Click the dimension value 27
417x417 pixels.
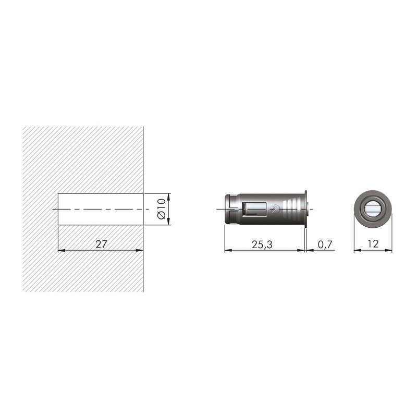[x=101, y=244]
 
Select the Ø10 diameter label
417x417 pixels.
[x=162, y=210]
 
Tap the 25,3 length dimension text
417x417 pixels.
[x=262, y=244]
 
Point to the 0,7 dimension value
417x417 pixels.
[x=325, y=244]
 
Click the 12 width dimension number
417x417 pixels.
[x=373, y=244]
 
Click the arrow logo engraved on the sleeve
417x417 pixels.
[x=275, y=209]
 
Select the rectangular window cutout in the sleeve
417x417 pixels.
[x=254, y=209]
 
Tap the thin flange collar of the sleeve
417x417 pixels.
[x=305, y=209]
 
